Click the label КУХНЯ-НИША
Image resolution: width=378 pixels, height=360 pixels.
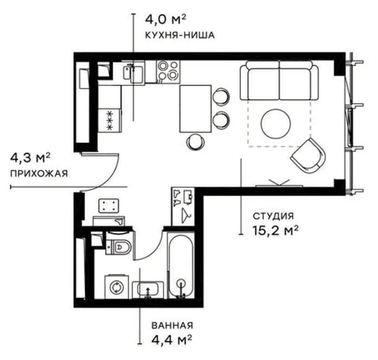pos(180,35)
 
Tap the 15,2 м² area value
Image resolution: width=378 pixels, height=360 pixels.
pos(275,231)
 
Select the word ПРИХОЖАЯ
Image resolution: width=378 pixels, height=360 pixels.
pos(39,174)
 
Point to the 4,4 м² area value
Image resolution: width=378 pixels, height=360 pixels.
pos(172,340)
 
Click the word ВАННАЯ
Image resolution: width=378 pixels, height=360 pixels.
pos(172,326)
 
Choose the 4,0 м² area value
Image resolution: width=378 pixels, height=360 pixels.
pos(165,20)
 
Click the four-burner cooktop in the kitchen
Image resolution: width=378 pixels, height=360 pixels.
pos(168,71)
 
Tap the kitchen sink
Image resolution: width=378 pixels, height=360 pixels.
pos(133,73)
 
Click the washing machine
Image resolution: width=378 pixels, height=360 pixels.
pos(117,287)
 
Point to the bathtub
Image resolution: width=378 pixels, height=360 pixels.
pos(181,266)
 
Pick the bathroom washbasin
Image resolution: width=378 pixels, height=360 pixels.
pos(148,289)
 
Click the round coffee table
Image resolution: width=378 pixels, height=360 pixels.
pos(275,124)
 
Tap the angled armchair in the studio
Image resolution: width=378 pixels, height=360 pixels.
pos(308,156)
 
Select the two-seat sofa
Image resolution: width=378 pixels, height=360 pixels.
pos(279,80)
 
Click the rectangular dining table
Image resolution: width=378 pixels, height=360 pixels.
pos(196,109)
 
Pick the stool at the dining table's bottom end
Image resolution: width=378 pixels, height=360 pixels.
pos(196,142)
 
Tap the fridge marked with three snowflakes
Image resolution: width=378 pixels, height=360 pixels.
pos(110,120)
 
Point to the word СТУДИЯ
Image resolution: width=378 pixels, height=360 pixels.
pos(273,216)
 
